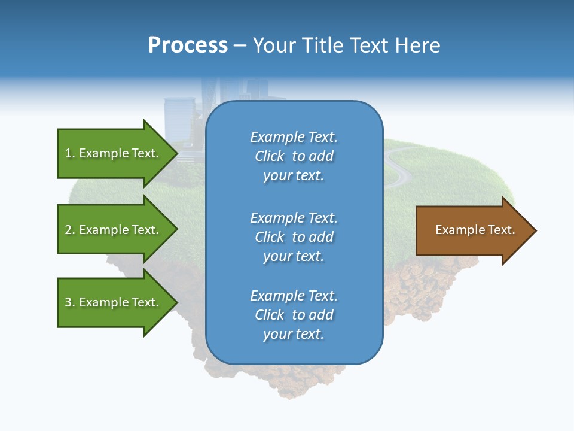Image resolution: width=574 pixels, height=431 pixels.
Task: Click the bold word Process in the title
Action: [x=188, y=45]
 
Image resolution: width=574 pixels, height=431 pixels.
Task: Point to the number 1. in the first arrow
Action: [x=70, y=153]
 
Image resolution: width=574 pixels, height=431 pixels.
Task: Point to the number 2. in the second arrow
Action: [x=70, y=230]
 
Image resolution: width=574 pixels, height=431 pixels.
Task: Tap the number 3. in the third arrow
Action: [x=70, y=302]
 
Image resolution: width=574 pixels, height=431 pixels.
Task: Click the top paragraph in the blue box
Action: [x=294, y=156]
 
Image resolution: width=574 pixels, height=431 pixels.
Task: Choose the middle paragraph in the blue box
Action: [x=294, y=237]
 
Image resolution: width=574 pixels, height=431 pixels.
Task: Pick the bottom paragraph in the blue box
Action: [x=294, y=315]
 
